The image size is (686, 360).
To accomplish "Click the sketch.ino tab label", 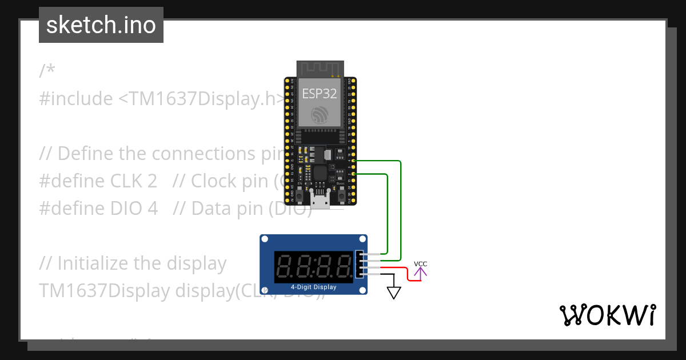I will click(x=101, y=25).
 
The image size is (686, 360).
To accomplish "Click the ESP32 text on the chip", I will click(x=320, y=94).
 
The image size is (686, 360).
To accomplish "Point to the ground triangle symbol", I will click(x=394, y=293).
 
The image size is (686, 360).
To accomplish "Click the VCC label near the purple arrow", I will click(x=420, y=264).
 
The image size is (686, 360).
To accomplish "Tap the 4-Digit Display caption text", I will click(x=313, y=287).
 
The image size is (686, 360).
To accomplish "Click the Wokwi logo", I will click(x=607, y=315).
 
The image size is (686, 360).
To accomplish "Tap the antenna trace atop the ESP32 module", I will click(x=319, y=68).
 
